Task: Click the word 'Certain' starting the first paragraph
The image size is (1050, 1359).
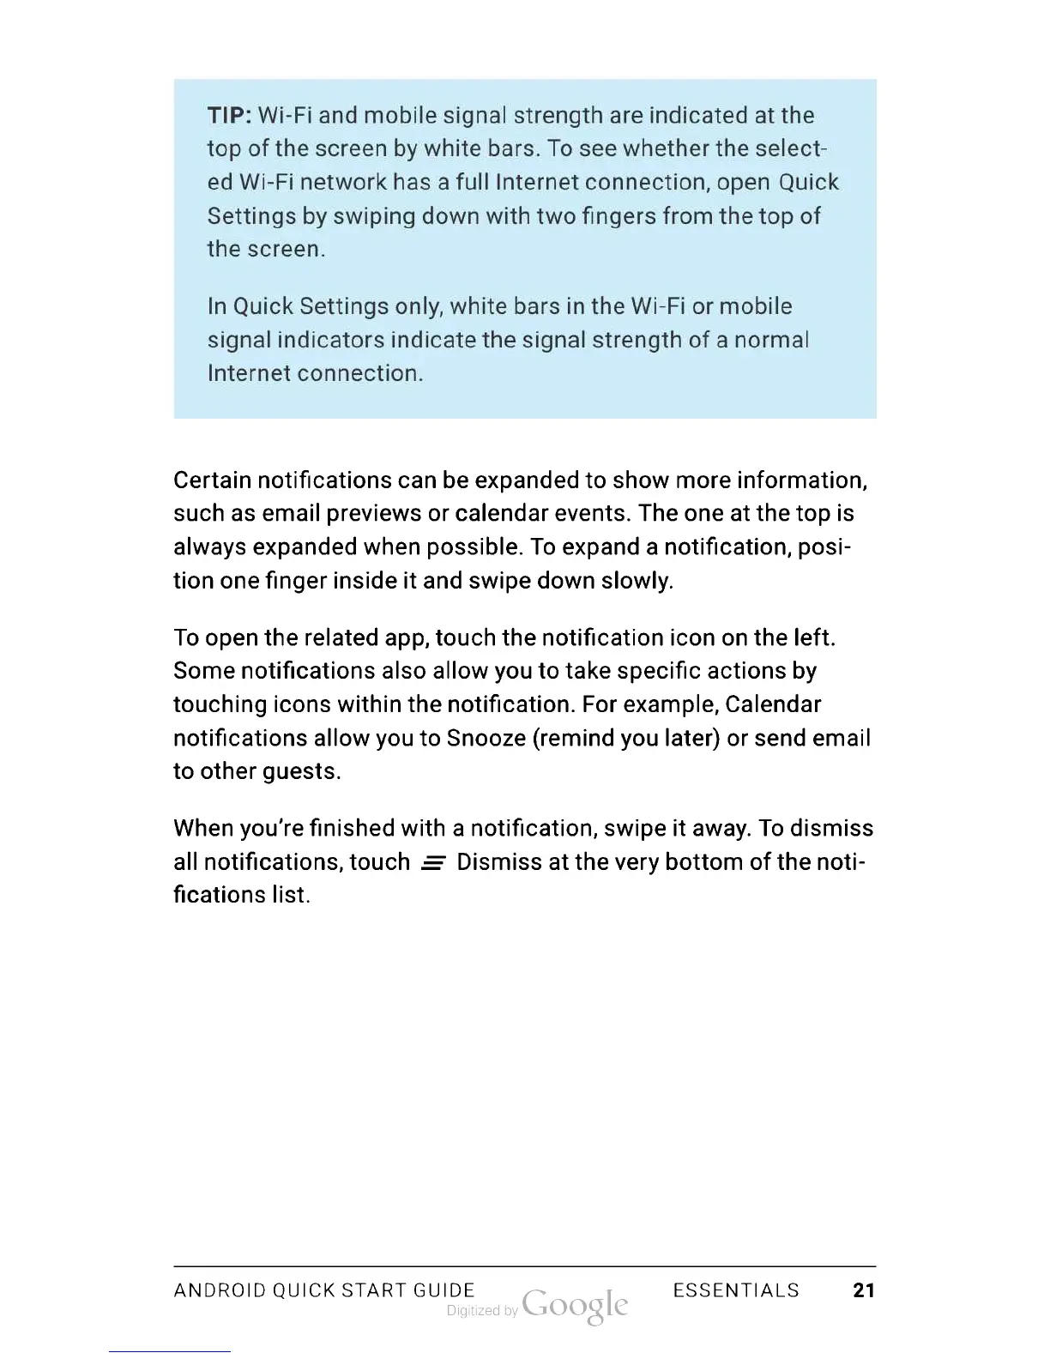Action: pyautogui.click(x=212, y=480)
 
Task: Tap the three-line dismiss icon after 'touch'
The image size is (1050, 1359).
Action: pyautogui.click(x=432, y=863)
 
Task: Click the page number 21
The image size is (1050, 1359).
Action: pyautogui.click(x=864, y=1290)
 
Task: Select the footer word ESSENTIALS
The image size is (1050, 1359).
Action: pyautogui.click(x=736, y=1290)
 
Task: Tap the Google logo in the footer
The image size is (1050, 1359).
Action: pyautogui.click(x=575, y=1306)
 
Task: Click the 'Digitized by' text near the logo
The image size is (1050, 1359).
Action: pyautogui.click(x=482, y=1311)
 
